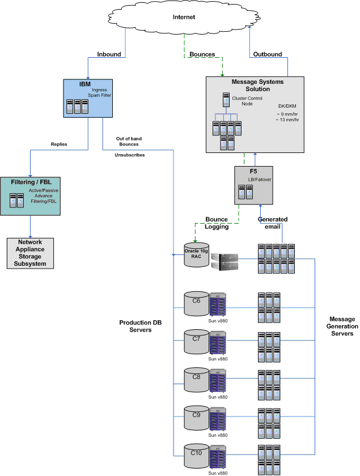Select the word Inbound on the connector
pos(109,55)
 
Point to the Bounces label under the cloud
pos(202,55)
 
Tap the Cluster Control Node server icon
pos(226,100)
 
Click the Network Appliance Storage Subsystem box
pos(30,253)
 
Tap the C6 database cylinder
pos(196,304)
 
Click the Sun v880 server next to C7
pos(218,342)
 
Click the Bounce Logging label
pos(216,223)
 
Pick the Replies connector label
pos(59,144)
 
